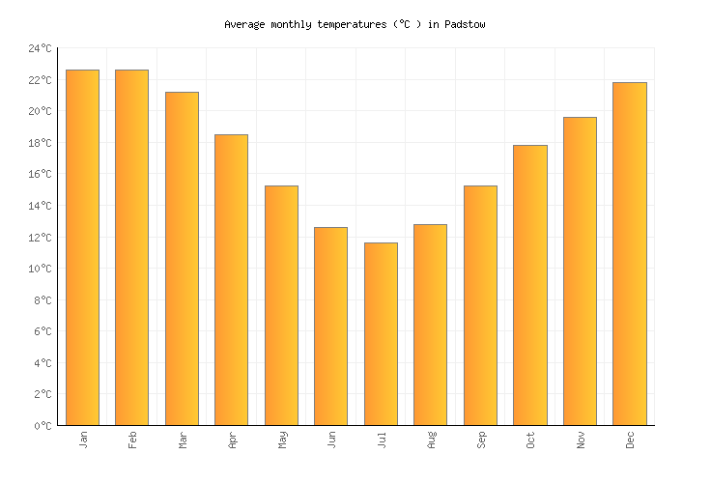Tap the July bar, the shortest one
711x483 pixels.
[x=381, y=333]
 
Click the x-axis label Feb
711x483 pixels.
[x=133, y=440]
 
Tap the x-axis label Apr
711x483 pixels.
[x=233, y=440]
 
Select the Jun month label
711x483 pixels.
[x=332, y=440]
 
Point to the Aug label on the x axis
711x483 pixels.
[x=432, y=440]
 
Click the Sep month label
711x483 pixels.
[x=481, y=440]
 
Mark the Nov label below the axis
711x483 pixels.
[x=581, y=440]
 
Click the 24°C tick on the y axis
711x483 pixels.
[x=40, y=48]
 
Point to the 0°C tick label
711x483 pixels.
[x=43, y=426]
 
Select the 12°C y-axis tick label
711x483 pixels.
[x=40, y=238]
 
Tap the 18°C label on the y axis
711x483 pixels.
[x=40, y=143]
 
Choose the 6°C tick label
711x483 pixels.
[x=43, y=331]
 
